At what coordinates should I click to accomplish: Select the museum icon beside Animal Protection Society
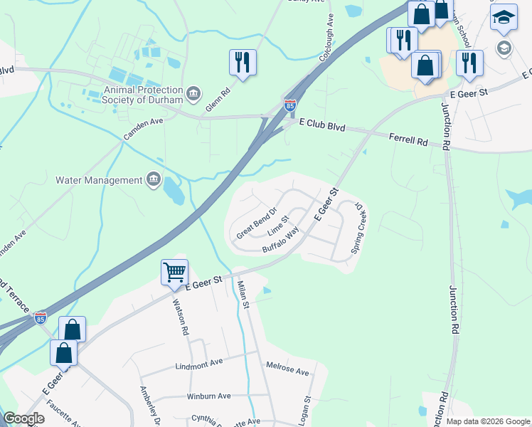[x=193, y=94]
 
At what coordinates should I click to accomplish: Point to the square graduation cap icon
[x=504, y=19]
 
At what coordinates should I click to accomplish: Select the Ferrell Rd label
[x=408, y=139]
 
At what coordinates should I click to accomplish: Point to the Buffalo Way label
[x=280, y=241]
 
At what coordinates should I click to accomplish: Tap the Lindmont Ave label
[x=199, y=362]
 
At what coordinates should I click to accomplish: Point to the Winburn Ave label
[x=209, y=396]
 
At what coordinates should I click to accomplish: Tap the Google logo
[x=23, y=418]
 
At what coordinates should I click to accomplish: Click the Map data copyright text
[x=487, y=421]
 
